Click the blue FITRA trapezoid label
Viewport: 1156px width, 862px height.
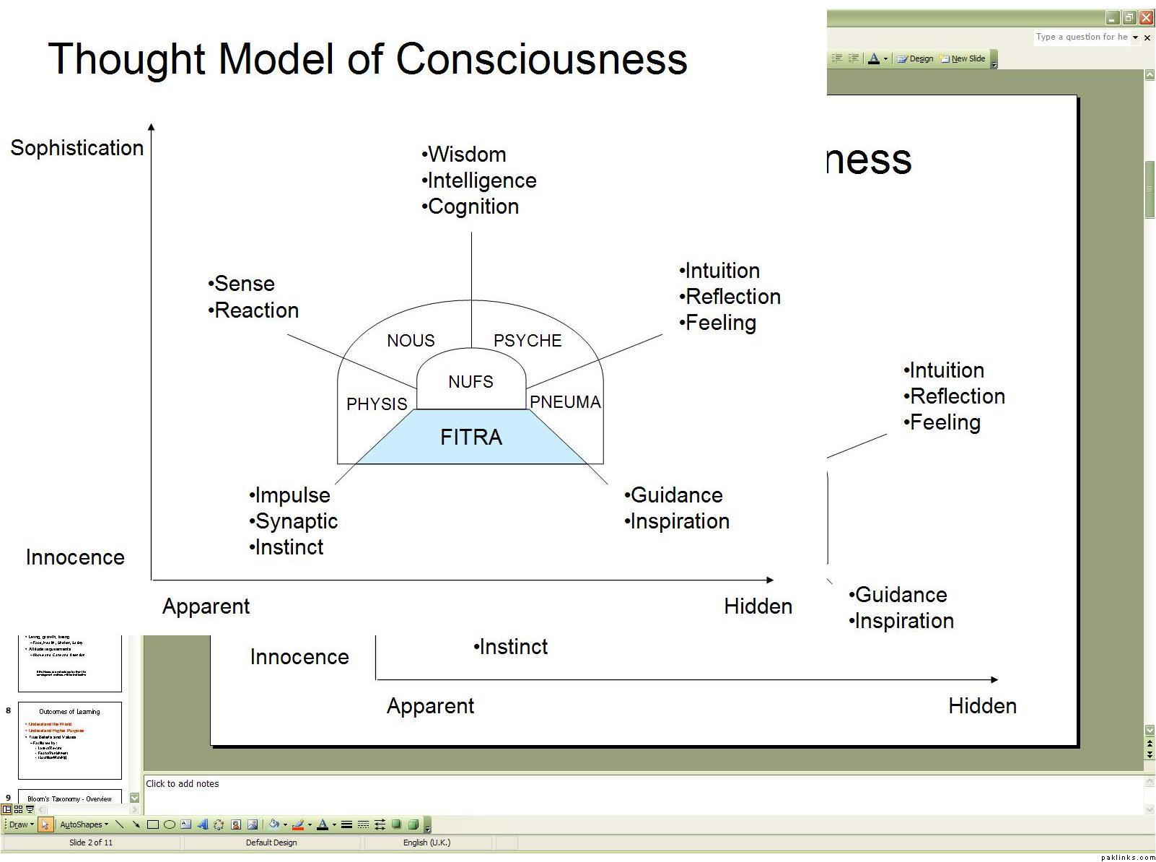click(x=471, y=437)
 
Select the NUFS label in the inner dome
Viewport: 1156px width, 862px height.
click(x=470, y=381)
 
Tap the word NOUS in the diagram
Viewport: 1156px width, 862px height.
click(x=411, y=341)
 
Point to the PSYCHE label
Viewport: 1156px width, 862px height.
click(x=527, y=341)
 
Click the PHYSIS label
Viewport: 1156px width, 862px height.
click(x=377, y=404)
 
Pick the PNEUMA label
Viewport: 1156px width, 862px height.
click(x=566, y=402)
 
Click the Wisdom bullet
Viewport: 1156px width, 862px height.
click(x=467, y=154)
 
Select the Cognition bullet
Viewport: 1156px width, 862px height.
click(x=473, y=206)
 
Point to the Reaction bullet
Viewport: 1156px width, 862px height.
click(x=256, y=310)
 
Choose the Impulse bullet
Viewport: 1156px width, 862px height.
click(x=292, y=495)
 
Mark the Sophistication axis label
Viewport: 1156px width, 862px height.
click(x=77, y=148)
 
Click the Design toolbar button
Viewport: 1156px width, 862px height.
click(x=916, y=59)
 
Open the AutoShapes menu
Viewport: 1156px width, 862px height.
click(x=83, y=824)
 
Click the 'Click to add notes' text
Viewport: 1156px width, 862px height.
click(x=183, y=784)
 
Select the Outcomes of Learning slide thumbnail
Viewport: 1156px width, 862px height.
click(x=70, y=740)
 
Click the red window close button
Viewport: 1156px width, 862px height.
click(x=1146, y=18)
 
